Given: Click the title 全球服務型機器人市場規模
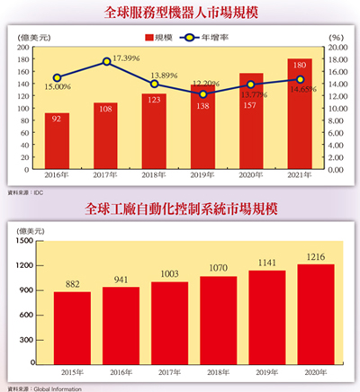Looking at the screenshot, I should [x=180, y=13].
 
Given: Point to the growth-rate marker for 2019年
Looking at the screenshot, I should [x=203, y=94].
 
